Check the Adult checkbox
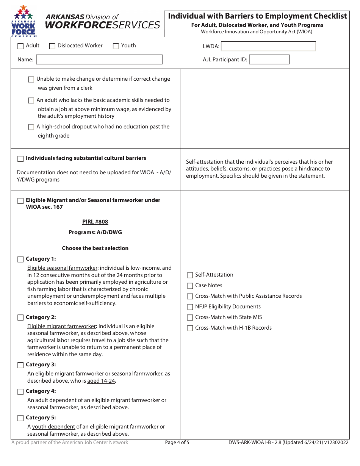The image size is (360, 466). (20, 46)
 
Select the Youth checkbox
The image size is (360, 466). (116, 46)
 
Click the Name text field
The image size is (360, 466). (99, 59)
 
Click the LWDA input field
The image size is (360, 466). (268, 46)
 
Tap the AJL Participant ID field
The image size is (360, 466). (269, 59)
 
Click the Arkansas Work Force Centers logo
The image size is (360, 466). (24, 21)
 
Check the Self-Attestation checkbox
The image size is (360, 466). (190, 275)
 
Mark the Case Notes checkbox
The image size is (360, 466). (190, 286)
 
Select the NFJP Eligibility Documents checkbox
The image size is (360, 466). (190, 307)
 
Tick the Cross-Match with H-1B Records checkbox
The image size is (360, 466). (190, 328)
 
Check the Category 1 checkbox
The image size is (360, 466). (20, 260)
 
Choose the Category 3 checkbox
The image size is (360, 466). (20, 365)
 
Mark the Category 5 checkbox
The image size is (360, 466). (20, 418)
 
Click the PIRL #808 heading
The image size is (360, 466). (95, 222)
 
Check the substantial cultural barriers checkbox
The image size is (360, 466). (20, 159)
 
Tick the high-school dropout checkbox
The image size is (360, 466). (31, 127)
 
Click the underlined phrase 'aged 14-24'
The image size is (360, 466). (101, 381)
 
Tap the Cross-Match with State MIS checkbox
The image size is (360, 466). (190, 317)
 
